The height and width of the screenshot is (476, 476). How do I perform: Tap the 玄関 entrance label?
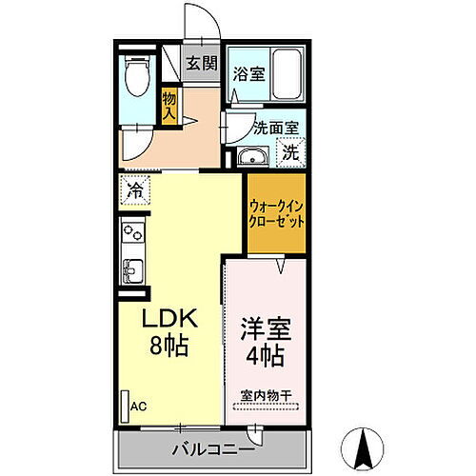pyautogui.click(x=199, y=65)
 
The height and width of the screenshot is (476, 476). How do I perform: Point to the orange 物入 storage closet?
pyautogui.click(x=169, y=105)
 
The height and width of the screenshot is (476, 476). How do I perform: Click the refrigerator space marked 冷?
pyautogui.click(x=135, y=189)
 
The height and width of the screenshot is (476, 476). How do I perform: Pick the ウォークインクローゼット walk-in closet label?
pyautogui.click(x=276, y=211)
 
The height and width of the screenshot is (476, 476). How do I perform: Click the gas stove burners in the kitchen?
pyautogui.click(x=132, y=233)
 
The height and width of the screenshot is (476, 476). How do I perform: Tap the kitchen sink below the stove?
pyautogui.click(x=132, y=268)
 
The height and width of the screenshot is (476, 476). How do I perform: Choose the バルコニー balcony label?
pyautogui.click(x=212, y=449)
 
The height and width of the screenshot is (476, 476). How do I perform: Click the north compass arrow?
pyautogui.click(x=365, y=445)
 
